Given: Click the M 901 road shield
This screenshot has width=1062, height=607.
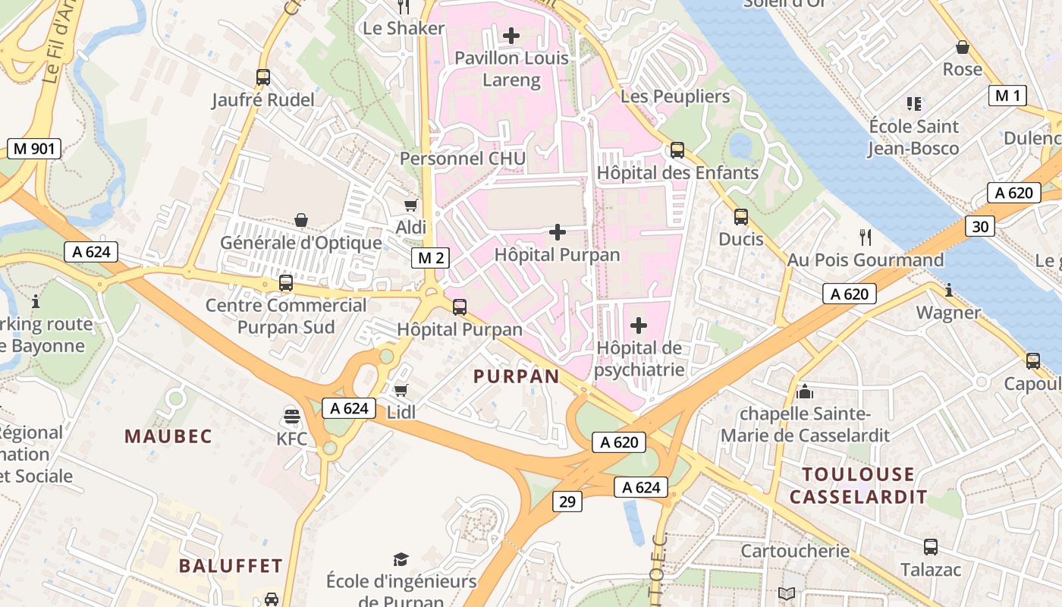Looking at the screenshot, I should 34,149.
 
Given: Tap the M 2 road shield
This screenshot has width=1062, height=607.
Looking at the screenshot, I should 431,258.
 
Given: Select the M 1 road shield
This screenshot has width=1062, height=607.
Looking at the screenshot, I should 1007,96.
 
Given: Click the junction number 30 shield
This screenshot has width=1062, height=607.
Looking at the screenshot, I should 980,226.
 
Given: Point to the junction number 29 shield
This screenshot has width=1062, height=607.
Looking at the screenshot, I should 567,501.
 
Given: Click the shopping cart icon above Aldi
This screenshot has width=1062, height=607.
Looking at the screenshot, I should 410,205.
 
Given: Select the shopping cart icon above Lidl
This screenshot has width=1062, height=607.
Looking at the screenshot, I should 401,390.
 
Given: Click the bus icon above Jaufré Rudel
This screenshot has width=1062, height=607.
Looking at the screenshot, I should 263,77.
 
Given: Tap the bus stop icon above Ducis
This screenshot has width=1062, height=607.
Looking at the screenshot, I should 741,217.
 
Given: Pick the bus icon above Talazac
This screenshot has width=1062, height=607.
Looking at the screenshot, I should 931,546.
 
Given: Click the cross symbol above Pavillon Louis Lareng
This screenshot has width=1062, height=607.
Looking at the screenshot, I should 511,35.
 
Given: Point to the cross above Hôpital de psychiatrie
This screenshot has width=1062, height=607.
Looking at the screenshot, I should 639,326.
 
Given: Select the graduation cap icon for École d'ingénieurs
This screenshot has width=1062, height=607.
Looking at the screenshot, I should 401,560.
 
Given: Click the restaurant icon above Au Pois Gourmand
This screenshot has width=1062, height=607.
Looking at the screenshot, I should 866,237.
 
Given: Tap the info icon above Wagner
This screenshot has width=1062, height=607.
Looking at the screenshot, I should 948,290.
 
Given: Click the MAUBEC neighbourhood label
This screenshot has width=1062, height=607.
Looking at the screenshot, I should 168,436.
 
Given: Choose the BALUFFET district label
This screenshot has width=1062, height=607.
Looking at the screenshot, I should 231,566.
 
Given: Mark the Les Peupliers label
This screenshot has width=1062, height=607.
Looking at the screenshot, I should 675,96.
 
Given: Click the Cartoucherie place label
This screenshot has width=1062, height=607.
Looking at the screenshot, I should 794,551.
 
